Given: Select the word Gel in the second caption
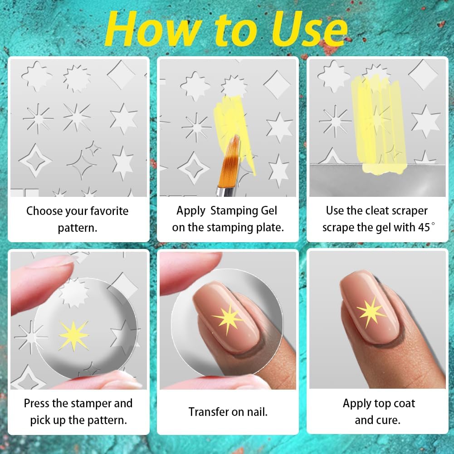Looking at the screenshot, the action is point(268,210).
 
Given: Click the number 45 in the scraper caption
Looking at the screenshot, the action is point(424,227).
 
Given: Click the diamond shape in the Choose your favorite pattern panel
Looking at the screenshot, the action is point(121,75).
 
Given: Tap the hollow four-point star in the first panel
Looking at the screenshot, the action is point(35,161).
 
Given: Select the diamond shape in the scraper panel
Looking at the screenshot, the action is point(423,74).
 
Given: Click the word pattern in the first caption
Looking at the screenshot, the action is point(78,228).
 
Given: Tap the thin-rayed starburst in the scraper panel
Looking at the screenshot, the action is point(335,121).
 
